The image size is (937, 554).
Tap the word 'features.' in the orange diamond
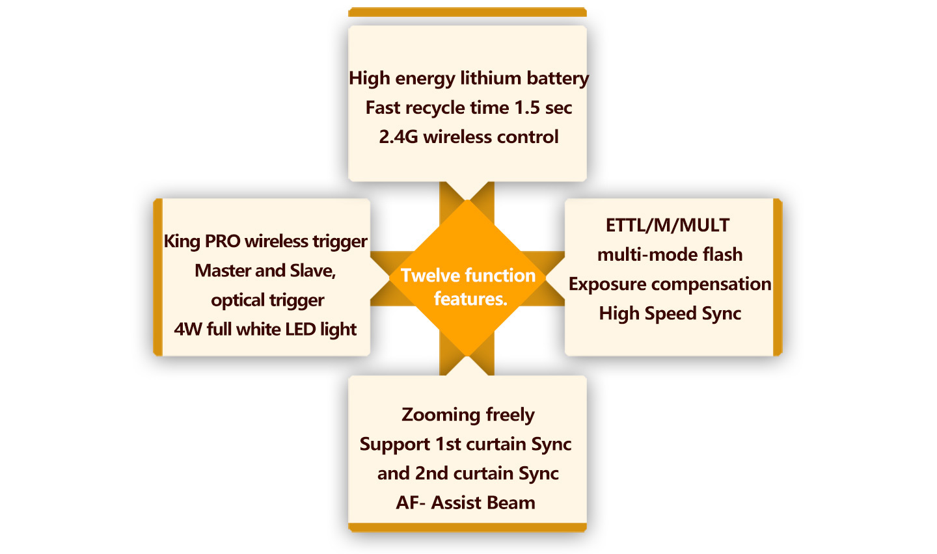[x=470, y=299]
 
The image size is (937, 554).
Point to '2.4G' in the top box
[x=398, y=137]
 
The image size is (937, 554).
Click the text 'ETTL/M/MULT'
[x=668, y=226]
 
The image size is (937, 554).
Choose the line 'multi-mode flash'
[x=670, y=254]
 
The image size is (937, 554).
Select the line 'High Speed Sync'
[x=670, y=314]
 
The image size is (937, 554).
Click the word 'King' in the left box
[x=182, y=242]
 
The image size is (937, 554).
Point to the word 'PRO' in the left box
[x=223, y=241]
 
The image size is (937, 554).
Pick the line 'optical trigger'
[x=267, y=300]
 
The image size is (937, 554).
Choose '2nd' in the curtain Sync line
[x=431, y=473]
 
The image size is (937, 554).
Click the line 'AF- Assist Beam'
[x=466, y=502]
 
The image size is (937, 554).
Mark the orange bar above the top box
[x=467, y=12]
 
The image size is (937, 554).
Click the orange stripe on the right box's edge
[x=778, y=277]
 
